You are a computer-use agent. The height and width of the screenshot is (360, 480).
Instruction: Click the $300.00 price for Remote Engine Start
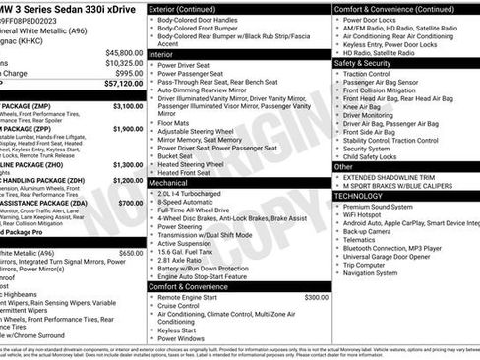point(316,296)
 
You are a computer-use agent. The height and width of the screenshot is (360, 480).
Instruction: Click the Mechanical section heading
point(172,182)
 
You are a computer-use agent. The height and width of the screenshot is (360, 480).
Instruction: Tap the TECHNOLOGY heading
point(360,195)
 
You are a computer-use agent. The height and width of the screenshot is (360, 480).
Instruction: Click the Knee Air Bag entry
point(367,107)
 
